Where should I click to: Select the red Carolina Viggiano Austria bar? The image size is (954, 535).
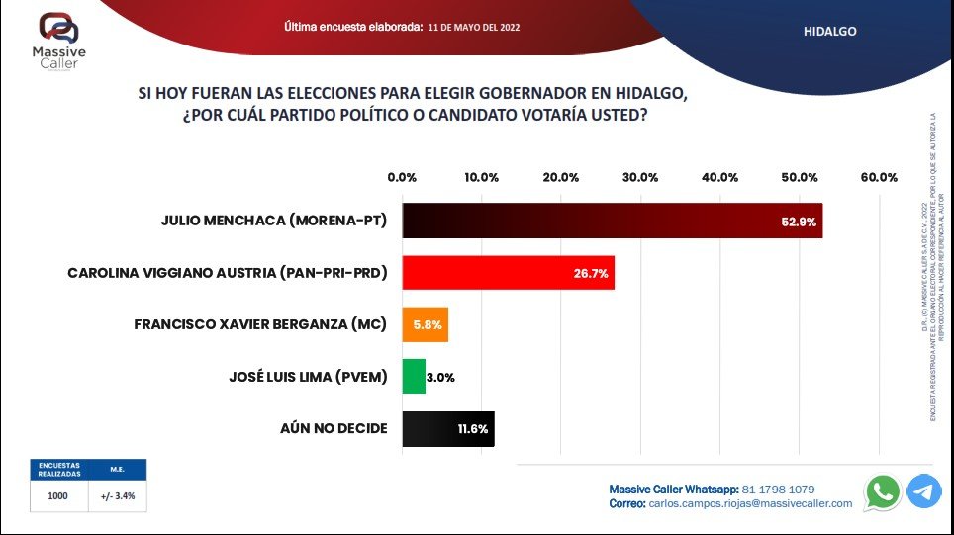pos(508,272)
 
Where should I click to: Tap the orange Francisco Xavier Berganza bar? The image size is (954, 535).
pos(425,323)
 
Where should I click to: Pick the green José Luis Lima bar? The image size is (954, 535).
pos(414,376)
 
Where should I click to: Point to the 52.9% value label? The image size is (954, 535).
pos(798,222)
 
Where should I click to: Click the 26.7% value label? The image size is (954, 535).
pos(590,272)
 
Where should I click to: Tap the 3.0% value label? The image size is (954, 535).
pos(440,376)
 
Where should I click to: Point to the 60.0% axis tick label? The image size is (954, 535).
pos(879,177)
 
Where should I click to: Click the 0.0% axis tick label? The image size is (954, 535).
pos(402,177)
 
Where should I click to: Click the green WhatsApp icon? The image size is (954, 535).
pos(883,491)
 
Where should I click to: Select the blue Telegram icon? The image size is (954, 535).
pos(924,491)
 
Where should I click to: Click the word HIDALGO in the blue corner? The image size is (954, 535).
pos(829,31)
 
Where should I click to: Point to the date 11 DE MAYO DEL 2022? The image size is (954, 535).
pos(474,28)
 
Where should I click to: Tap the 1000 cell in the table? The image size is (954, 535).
pos(57,497)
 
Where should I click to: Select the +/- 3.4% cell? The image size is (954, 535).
pos(119,497)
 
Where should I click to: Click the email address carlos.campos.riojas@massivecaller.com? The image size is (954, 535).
pos(750,503)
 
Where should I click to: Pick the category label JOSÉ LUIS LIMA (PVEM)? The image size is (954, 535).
pos(307,376)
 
